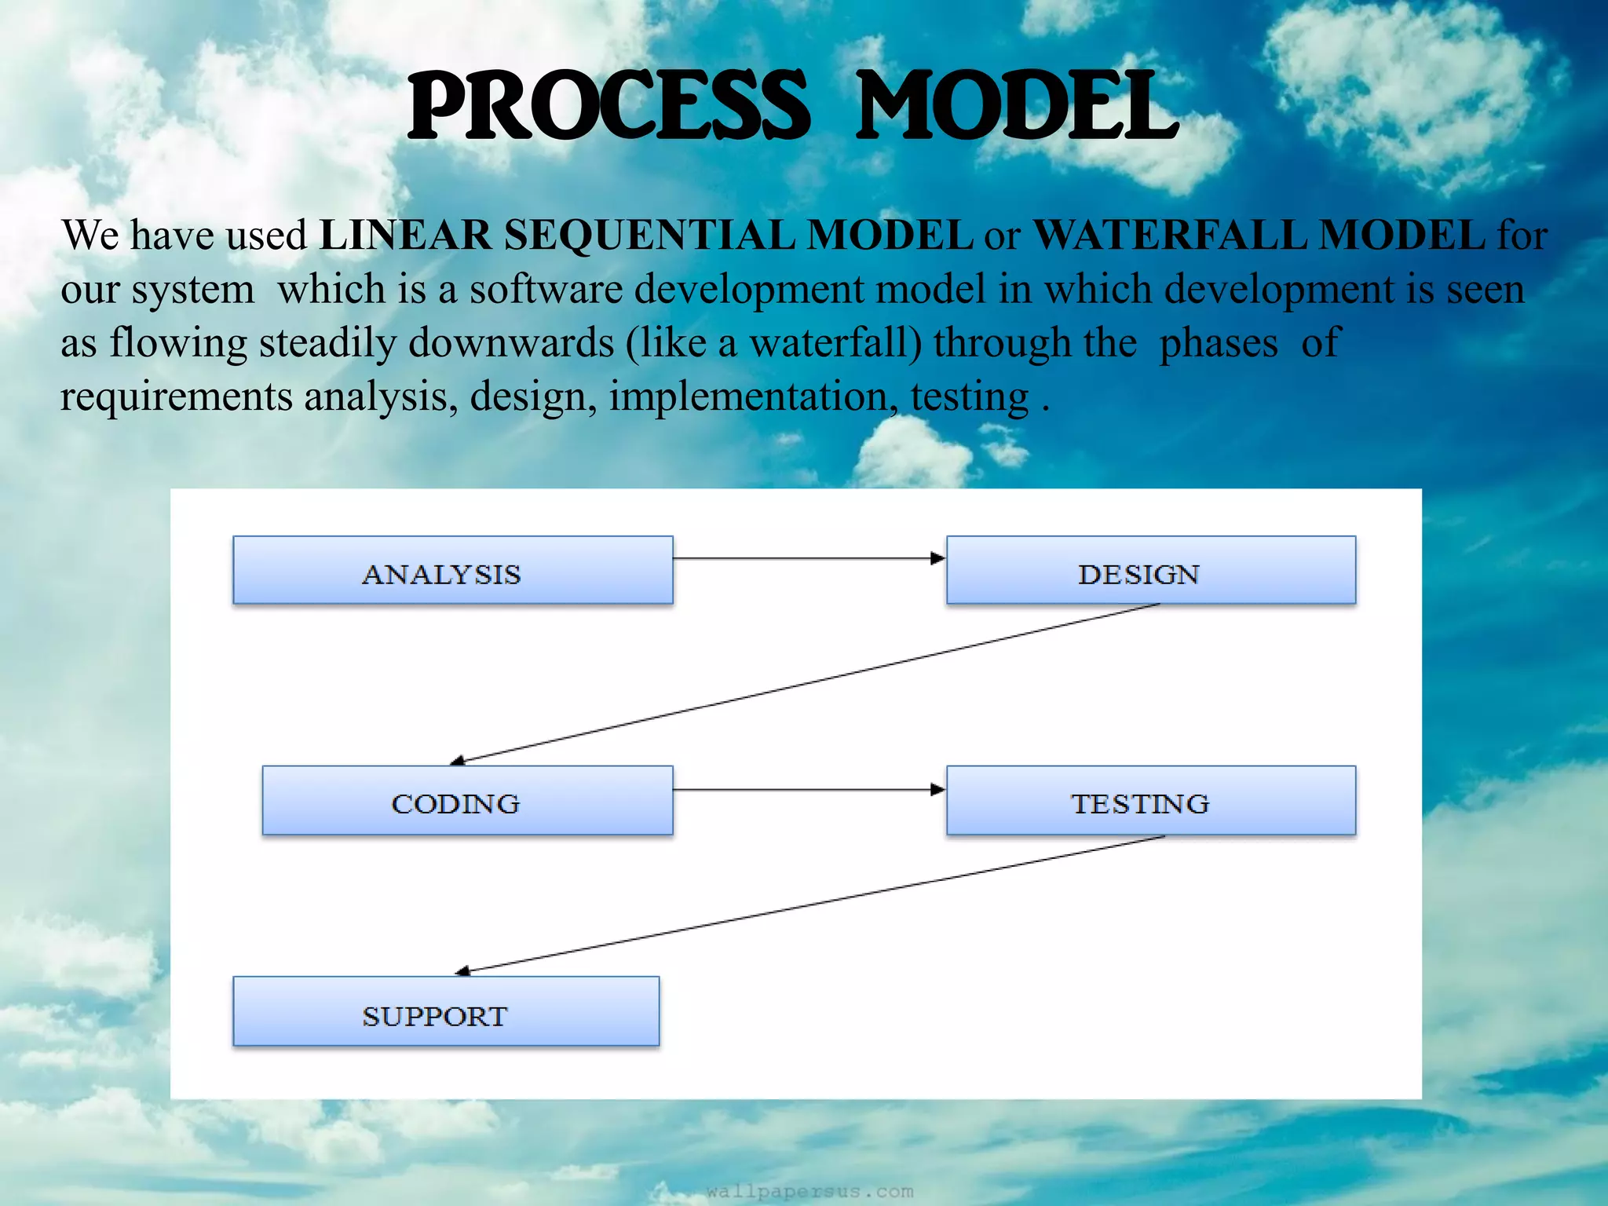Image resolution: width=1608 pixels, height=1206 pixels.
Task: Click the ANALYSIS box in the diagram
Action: click(x=452, y=571)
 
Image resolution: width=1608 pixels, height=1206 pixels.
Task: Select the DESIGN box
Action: click(x=1150, y=571)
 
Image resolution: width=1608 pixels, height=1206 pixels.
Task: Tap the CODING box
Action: click(x=467, y=800)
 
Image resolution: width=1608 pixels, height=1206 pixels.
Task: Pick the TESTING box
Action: click(x=1150, y=800)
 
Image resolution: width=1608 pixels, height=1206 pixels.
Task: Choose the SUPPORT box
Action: click(x=445, y=1011)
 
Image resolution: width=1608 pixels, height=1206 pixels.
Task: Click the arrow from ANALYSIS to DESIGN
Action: click(x=809, y=558)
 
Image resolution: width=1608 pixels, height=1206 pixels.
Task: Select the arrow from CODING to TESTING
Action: click(x=809, y=789)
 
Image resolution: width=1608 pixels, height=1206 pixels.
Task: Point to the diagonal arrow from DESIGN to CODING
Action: click(x=805, y=683)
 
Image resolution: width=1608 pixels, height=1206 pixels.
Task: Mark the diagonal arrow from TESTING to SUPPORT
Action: click(x=809, y=904)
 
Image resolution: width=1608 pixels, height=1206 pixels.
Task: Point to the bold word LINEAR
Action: click(x=405, y=235)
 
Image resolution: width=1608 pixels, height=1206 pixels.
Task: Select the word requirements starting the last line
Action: click(x=176, y=397)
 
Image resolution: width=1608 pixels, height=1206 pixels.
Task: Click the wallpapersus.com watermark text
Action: click(x=809, y=1191)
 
